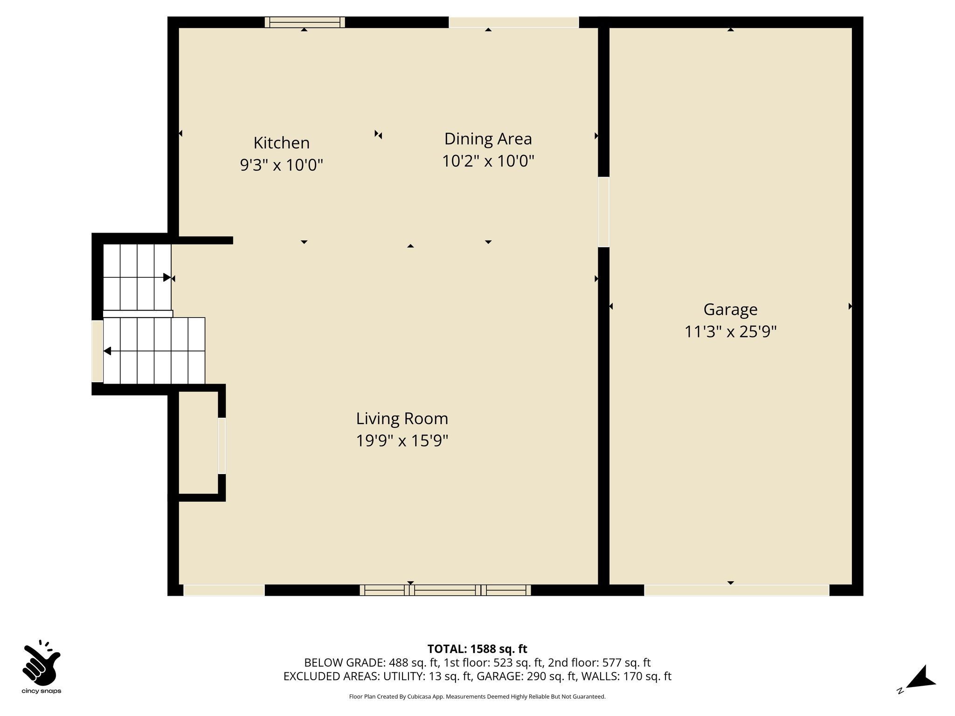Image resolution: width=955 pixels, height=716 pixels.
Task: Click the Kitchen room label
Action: pos(282,143)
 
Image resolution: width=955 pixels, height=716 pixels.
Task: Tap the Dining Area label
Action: pos(488,139)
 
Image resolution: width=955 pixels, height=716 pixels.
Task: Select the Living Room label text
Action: pos(402,419)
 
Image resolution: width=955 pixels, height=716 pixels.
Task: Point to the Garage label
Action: pos(730,310)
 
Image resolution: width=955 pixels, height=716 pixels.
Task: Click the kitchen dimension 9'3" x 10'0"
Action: pos(282,165)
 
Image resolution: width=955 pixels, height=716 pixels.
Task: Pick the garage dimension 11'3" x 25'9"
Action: pos(730,332)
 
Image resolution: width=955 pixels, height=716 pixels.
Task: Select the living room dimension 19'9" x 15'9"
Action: pos(402,441)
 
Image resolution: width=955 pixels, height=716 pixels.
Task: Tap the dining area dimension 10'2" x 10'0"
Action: pos(488,161)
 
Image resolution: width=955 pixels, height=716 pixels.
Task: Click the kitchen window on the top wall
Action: pos(305,22)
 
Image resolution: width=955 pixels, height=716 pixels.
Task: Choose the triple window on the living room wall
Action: pos(445,590)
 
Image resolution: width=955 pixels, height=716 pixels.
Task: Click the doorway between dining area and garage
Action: pos(603,212)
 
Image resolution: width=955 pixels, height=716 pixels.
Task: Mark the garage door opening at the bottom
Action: pos(737,590)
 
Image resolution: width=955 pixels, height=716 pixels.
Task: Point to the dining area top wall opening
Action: pos(514,22)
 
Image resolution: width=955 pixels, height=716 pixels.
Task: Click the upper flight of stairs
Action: pos(137,277)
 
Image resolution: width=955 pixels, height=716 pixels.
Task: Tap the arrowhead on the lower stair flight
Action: pos(107,351)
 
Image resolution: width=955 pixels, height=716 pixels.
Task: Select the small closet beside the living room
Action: pos(199,443)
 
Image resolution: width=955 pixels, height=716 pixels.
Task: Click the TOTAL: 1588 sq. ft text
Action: pos(477,649)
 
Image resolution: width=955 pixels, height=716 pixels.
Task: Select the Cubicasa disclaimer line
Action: pos(477,697)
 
